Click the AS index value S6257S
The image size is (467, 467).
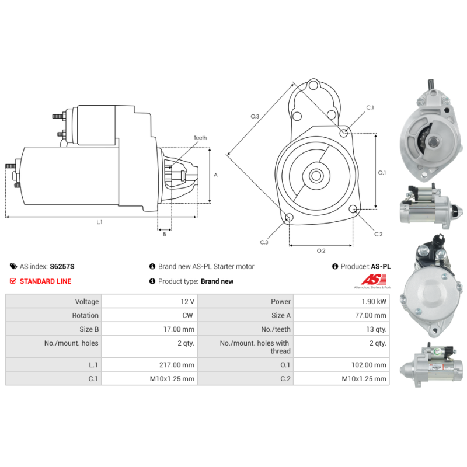pyautogui.click(x=62, y=266)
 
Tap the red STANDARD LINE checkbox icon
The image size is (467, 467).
pyautogui.click(x=13, y=281)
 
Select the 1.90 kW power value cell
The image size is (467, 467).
pyautogui.click(x=341, y=301)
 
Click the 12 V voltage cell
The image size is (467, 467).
pyautogui.click(x=149, y=301)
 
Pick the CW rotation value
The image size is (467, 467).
pyautogui.click(x=187, y=315)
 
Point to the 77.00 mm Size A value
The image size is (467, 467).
pyautogui.click(x=371, y=315)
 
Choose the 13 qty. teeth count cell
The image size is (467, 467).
pyautogui.click(x=341, y=329)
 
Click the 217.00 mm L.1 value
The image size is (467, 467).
pyautogui.click(x=177, y=364)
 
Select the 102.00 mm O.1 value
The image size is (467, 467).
pyautogui.click(x=369, y=364)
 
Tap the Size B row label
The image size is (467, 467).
pyautogui.click(x=89, y=329)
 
